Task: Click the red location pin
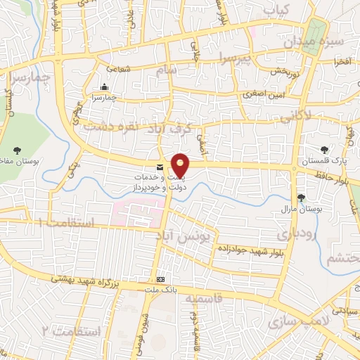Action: [x=181, y=165]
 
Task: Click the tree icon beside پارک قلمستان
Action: [x=324, y=149]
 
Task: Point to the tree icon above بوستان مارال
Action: [x=301, y=198]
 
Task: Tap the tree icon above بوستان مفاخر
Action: [x=17, y=150]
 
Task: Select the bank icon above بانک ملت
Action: [x=160, y=278]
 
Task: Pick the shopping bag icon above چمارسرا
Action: [x=104, y=87]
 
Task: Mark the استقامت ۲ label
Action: [x=72, y=330]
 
